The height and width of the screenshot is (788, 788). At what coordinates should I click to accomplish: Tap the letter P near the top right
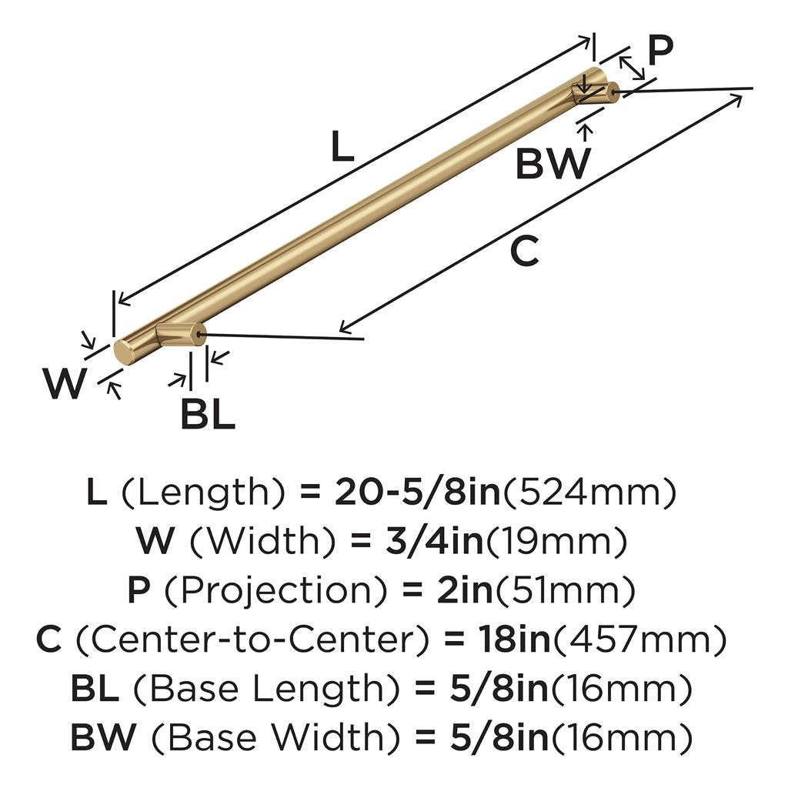[659, 51]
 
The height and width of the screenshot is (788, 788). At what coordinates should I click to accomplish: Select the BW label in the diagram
[553, 163]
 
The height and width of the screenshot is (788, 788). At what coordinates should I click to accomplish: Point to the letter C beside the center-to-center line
[525, 252]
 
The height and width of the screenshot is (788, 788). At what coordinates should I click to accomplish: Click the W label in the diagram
[64, 384]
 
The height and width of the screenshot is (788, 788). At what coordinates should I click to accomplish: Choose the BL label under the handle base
[207, 416]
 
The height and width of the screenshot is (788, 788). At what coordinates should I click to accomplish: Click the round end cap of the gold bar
[123, 351]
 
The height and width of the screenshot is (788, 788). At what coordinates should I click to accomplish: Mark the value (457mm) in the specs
[639, 641]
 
